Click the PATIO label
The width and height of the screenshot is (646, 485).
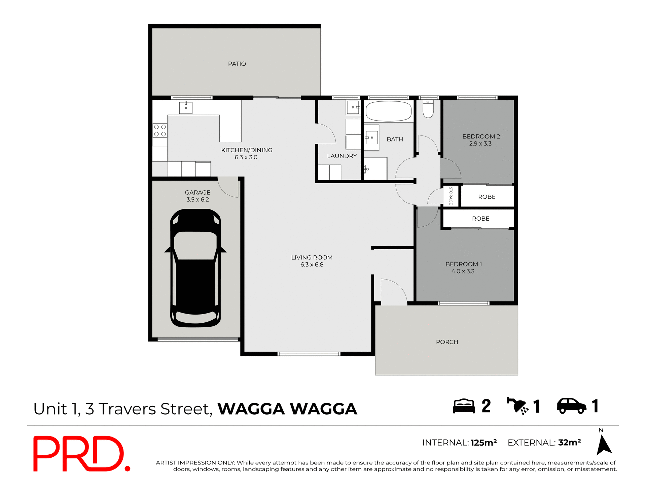pos(237,64)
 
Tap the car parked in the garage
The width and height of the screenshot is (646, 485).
pos(195,268)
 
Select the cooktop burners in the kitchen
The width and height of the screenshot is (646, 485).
pos(160,130)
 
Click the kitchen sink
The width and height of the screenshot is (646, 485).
pos(186,107)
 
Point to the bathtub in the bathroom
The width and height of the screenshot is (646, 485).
pos(389,111)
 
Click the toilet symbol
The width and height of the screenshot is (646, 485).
pos(428,108)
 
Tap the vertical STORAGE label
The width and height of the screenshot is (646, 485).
pos(451,195)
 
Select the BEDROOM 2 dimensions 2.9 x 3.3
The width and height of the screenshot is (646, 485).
pos(480,144)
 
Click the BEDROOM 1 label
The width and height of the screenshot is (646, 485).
pos(464,264)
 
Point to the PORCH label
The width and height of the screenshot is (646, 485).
pos(447,342)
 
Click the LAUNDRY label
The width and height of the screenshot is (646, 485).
pos(342,156)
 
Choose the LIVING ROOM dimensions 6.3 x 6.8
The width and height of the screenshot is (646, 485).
pos(312,265)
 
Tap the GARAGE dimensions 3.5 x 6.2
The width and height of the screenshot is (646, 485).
pos(198,200)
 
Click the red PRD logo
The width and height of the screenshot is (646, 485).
pos(81,454)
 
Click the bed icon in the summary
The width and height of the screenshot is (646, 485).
pos(464,406)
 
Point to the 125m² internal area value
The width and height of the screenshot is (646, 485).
pos(483,443)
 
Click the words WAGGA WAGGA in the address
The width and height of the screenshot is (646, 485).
pos(287,409)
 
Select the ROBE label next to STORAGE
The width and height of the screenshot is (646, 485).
pos(487,197)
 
